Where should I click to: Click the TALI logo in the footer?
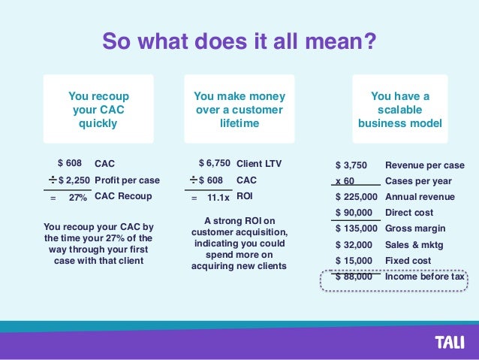450,343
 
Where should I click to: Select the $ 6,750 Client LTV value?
214,163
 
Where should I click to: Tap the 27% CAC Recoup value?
77,197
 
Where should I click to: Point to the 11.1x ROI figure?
218,197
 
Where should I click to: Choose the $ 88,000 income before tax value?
354,277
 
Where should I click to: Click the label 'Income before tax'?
425,277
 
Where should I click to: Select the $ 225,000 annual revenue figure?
356,197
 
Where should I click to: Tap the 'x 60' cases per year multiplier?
345,181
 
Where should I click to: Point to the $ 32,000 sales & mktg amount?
354,244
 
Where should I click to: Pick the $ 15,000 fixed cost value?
354,260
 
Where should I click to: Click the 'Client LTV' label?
258,163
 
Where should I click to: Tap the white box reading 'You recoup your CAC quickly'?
98,110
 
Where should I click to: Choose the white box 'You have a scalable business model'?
399,110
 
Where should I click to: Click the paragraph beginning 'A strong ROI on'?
239,244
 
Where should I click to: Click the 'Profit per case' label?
127,180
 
